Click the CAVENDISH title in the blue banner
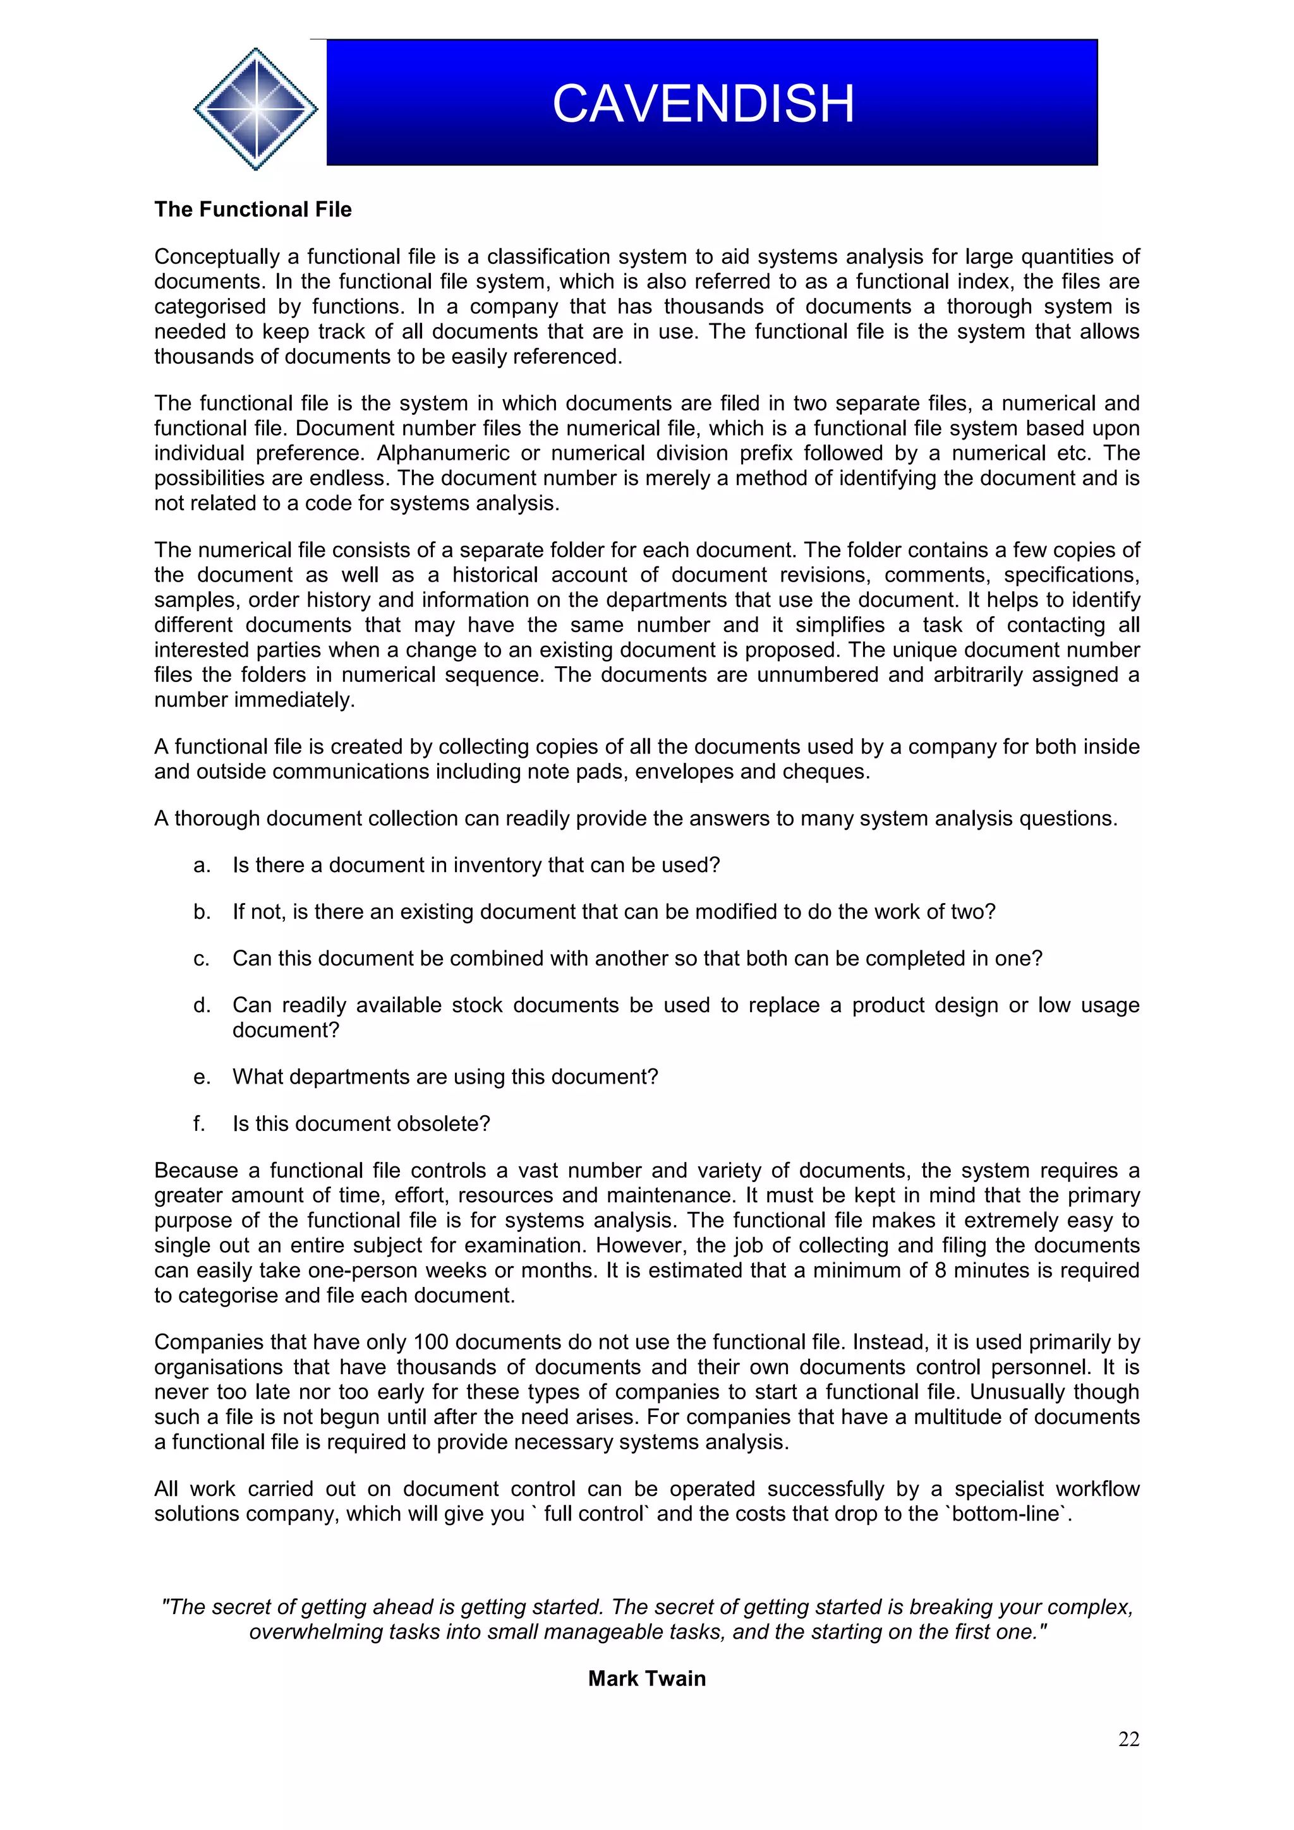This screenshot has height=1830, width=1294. (703, 104)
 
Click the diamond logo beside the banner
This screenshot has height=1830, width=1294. (255, 109)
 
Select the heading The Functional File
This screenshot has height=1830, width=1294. (253, 210)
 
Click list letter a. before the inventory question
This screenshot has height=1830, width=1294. (202, 866)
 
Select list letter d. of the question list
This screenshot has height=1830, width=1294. (202, 1005)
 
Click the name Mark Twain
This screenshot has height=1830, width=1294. (646, 1678)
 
